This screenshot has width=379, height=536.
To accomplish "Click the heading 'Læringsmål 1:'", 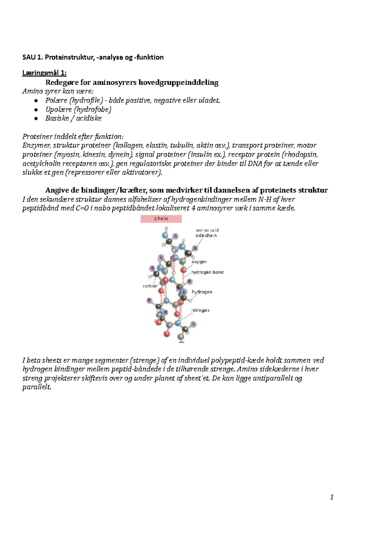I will (x=44, y=73).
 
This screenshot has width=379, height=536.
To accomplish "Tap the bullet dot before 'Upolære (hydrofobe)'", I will (x=36, y=110).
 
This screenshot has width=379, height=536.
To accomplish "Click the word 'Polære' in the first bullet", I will (x=56, y=100).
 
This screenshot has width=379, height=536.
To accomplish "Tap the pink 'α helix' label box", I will (x=161, y=219).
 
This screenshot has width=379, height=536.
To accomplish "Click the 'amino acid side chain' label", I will (x=207, y=233).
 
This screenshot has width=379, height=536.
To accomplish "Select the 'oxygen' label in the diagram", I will (x=199, y=262).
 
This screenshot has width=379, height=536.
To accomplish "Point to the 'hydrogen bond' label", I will (x=207, y=272).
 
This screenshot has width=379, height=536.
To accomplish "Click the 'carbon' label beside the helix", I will (x=150, y=286).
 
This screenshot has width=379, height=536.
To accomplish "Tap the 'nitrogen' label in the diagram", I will (x=200, y=310).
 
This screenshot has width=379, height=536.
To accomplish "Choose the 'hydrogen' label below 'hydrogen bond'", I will (x=202, y=292).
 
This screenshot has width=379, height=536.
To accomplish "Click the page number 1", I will (x=332, y=497).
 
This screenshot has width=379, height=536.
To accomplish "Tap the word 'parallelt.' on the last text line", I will (x=37, y=387).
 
